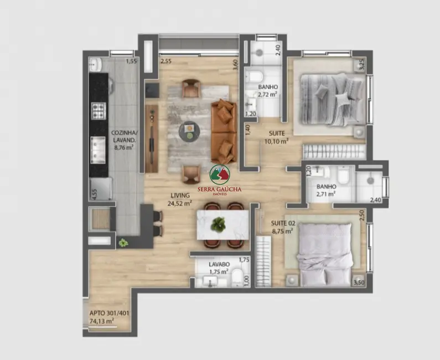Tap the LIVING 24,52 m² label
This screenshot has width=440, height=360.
pyautogui.click(x=180, y=199)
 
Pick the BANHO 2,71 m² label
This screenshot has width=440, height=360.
pyautogui.click(x=326, y=190)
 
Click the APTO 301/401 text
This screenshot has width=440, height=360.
pyautogui.click(x=109, y=313)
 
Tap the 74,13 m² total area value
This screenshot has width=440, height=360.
pyautogui.click(x=102, y=321)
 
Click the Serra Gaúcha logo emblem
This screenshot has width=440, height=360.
pyautogui.click(x=219, y=174)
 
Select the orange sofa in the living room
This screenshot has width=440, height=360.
pyautogui.click(x=224, y=131)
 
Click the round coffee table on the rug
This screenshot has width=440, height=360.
pyautogui.click(x=190, y=131)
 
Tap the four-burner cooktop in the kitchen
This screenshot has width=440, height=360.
pyautogui.click(x=99, y=111)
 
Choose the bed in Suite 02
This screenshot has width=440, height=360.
pyautogui.click(x=324, y=254)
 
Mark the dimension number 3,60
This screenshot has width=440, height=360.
pyautogui.click(x=235, y=64)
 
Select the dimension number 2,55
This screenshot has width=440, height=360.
pyautogui.click(x=165, y=61)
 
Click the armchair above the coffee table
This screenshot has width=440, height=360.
pyautogui.click(x=191, y=88)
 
